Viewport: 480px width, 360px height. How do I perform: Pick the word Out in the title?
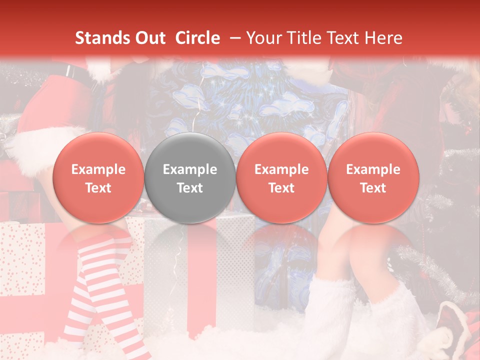149,38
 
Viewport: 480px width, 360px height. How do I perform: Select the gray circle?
190,178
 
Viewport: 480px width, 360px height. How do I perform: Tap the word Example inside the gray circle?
190,169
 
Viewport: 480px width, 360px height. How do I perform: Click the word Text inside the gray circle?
190,188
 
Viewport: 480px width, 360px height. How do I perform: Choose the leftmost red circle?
98,178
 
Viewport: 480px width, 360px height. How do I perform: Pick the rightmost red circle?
373,178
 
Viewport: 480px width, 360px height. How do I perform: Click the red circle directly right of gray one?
281,178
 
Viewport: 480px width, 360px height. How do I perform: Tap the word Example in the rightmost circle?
373,169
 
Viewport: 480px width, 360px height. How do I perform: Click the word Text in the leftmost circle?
98,188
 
